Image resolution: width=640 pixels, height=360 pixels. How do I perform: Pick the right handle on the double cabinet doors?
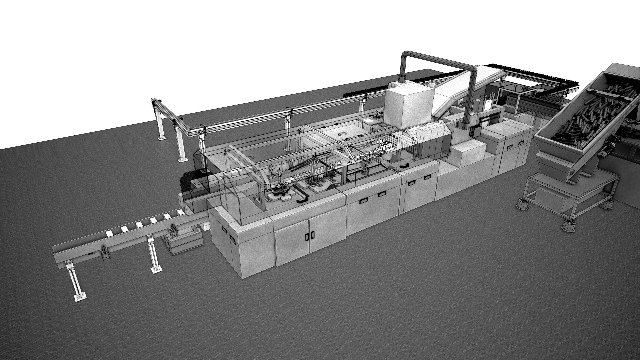pyautogui.click(x=313, y=235)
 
